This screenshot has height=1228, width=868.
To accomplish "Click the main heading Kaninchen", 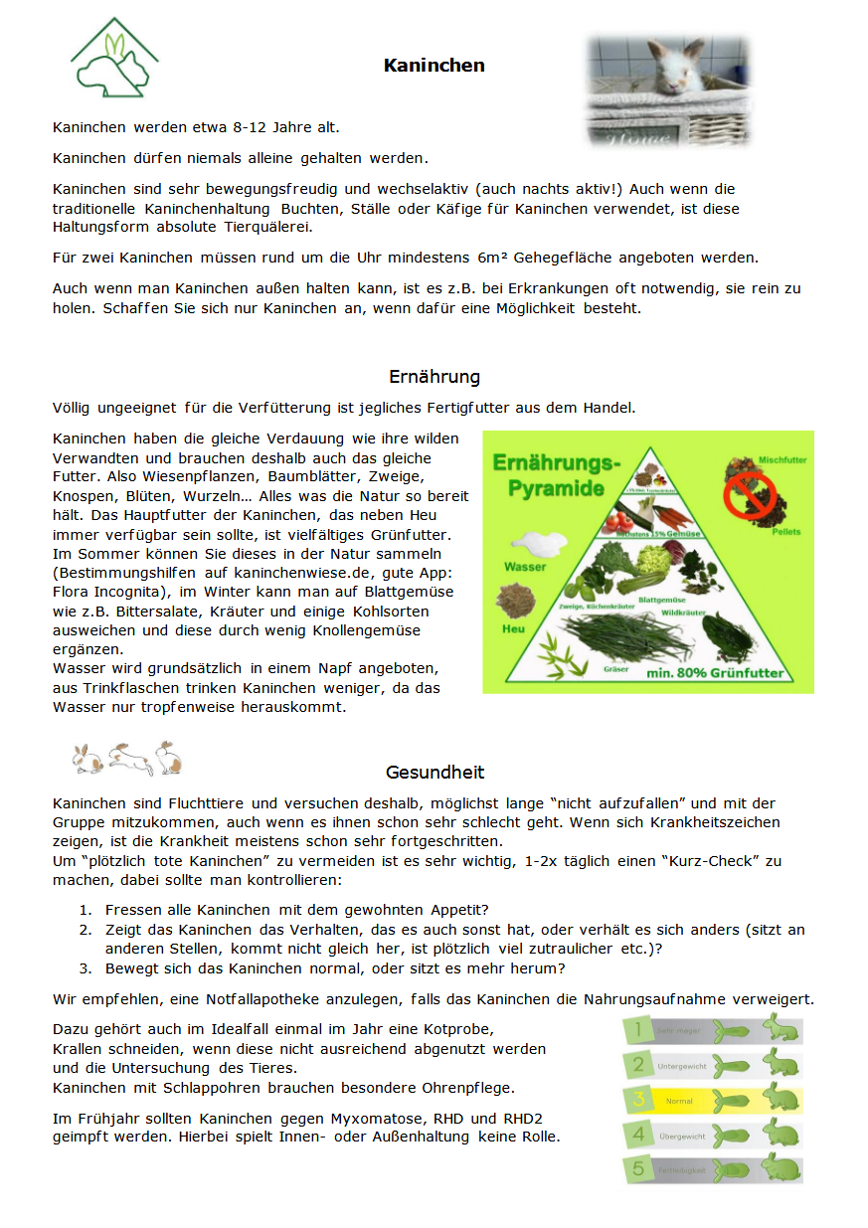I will (x=434, y=66).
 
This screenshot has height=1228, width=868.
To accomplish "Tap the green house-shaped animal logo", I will (x=114, y=60).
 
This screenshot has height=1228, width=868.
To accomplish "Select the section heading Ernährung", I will (x=434, y=377).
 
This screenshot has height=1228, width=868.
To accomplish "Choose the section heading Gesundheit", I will (x=434, y=773).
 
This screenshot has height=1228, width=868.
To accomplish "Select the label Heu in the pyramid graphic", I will (x=514, y=628).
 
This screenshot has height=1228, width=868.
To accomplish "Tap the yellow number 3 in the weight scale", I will (x=639, y=1101).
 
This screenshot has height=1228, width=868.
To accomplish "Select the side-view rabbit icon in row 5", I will (x=782, y=1168).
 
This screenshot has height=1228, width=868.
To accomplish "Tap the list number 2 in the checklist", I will (x=85, y=930).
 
